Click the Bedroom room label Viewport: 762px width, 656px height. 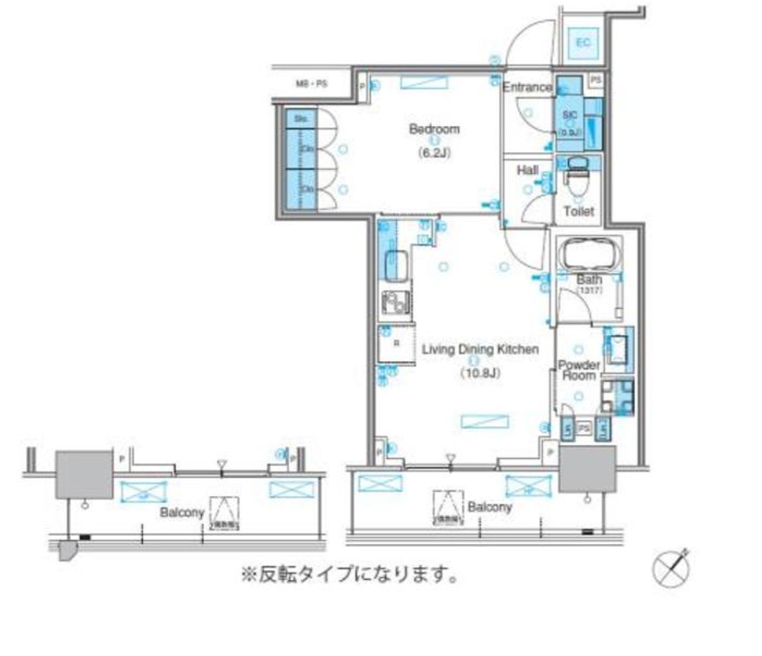(434, 129)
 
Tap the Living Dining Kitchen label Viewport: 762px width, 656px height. (480, 350)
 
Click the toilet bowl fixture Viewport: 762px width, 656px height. (578, 177)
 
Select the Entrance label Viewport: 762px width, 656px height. (527, 87)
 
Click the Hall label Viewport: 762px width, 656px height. (528, 171)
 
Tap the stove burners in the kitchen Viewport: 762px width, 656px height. (395, 304)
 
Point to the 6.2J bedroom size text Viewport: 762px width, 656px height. (434, 153)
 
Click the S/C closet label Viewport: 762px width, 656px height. (569, 115)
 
